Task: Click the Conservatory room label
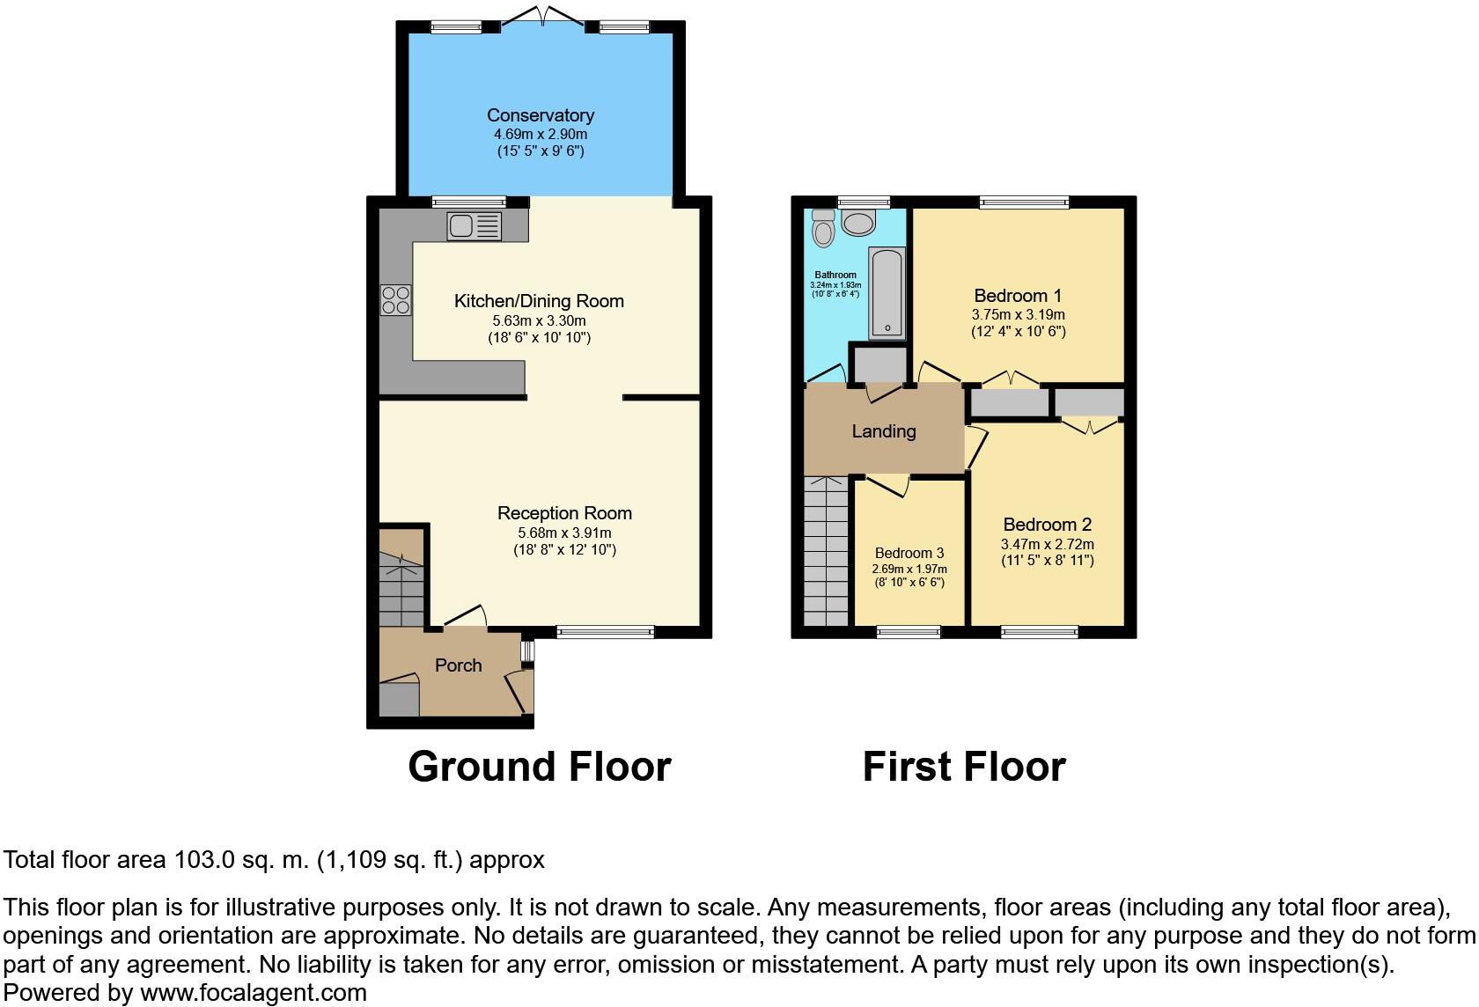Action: [540, 115]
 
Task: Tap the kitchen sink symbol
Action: [474, 226]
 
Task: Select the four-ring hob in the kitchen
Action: [395, 300]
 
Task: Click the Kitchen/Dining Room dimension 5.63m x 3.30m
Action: [538, 320]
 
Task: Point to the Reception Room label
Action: [564, 513]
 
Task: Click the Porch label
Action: [458, 665]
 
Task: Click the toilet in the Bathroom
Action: [824, 228]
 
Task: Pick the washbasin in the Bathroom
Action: [858, 222]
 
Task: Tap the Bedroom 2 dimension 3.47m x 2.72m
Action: [1047, 544]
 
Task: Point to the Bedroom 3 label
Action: [909, 553]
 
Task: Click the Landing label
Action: [883, 431]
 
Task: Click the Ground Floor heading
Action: [539, 766]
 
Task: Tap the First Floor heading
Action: [963, 766]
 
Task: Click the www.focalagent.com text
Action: [253, 993]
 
